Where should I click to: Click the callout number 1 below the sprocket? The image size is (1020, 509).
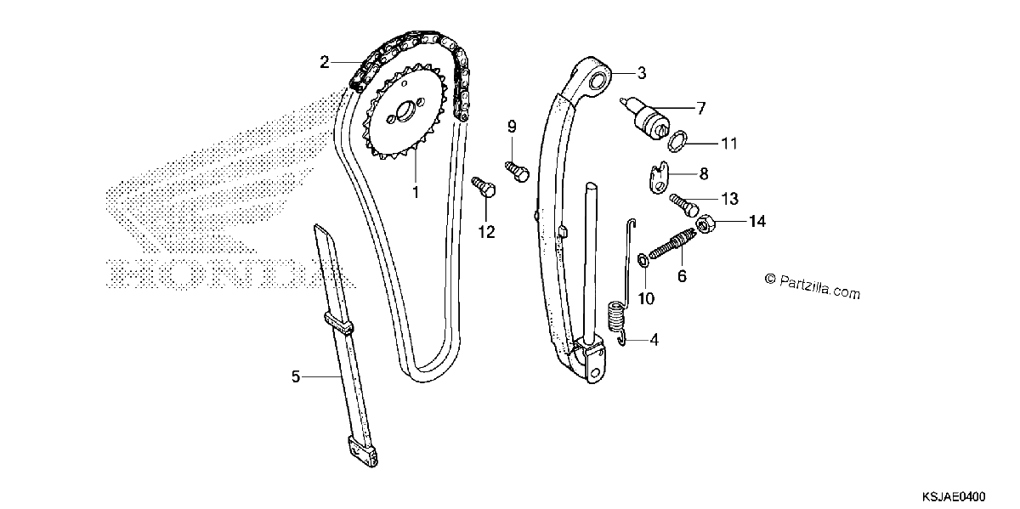point(416,193)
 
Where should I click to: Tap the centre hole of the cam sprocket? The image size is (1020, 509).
point(404,111)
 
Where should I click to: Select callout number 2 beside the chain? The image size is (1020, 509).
point(324,62)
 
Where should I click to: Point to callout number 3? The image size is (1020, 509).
point(642,73)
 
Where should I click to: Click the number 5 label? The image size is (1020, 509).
point(296,376)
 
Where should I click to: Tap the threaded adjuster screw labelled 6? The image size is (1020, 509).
point(672,245)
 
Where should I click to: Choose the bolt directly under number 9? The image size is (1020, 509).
point(518,171)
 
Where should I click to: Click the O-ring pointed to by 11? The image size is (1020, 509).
point(677,141)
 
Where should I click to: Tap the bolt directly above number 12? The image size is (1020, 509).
point(484,187)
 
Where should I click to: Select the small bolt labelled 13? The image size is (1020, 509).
point(683,206)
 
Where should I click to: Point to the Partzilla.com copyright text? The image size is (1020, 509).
point(813,286)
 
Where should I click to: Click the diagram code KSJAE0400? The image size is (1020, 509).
point(954,496)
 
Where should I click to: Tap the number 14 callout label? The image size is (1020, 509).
point(757,221)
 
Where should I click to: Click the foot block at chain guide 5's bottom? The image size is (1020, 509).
point(363,451)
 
